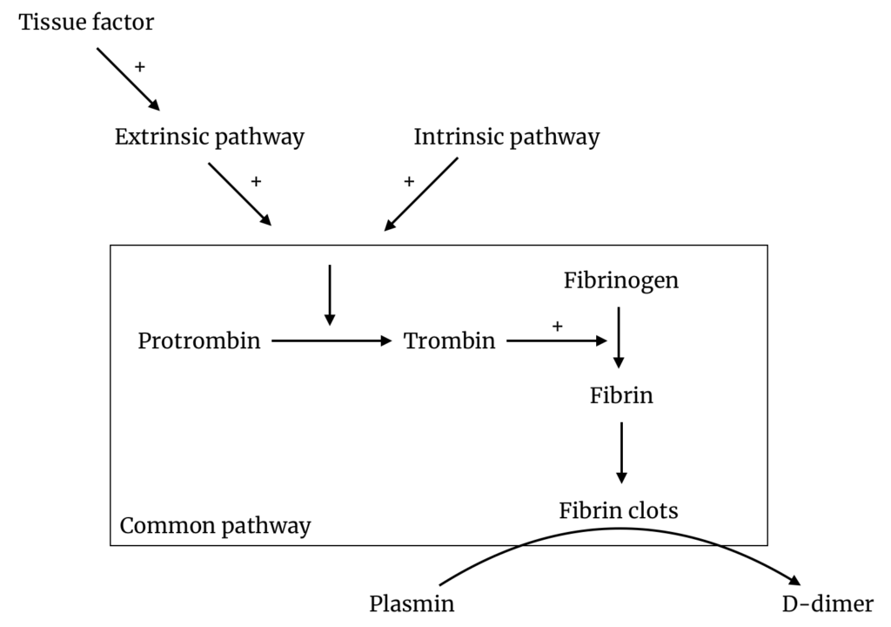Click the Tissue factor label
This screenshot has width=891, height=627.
pos(86,22)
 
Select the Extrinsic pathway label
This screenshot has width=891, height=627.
pos(210,137)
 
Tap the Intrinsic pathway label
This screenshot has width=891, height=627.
pos(506,137)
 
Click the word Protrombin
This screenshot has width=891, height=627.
pos(199,340)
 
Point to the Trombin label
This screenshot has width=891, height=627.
pos(450,340)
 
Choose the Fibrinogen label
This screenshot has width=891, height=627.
pos(620,281)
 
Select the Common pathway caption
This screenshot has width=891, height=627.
pos(215,525)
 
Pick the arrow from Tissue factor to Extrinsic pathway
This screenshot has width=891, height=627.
pos(128,79)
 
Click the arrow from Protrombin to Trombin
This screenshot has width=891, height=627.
pos(332,340)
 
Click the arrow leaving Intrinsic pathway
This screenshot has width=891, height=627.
pos(421,194)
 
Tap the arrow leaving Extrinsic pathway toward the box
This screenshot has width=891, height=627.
pos(240,193)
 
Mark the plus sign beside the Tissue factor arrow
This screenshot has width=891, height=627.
pos(140,66)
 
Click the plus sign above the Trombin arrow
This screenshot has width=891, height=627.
pos(558,326)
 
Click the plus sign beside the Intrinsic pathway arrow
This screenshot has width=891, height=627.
pos(409,181)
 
